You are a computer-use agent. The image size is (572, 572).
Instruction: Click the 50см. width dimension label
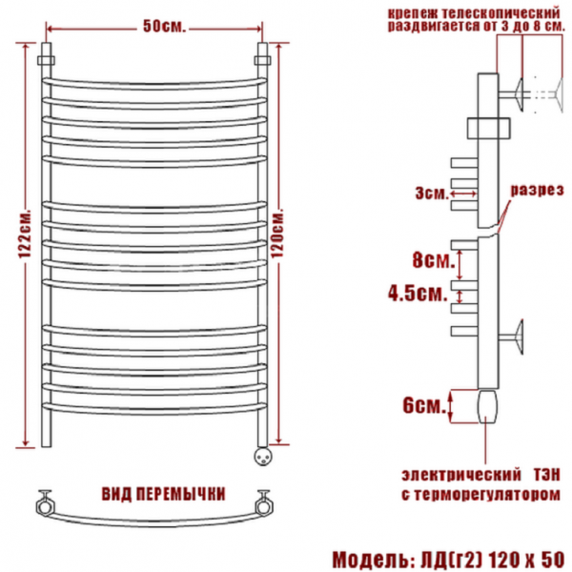point(164,27)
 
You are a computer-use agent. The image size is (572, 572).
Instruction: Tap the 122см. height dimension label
point(25,235)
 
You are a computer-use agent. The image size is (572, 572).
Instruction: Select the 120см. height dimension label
point(277,234)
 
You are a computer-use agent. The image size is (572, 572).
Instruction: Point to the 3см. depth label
point(432,194)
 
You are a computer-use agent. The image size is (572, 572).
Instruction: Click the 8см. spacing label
point(434,260)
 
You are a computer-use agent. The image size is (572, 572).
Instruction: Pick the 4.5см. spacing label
point(418,293)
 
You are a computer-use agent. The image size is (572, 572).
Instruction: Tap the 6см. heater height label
point(424,405)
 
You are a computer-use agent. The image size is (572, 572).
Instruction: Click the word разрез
point(537,190)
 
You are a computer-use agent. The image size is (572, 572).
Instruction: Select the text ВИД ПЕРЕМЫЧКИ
point(163,494)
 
